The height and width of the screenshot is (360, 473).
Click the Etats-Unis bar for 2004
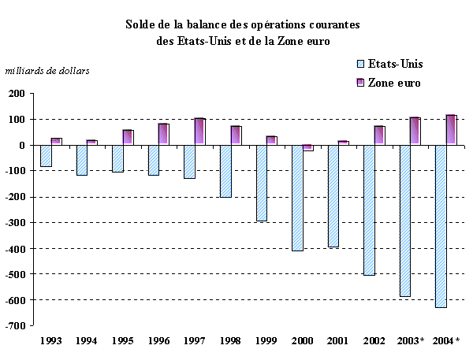pos(440,226)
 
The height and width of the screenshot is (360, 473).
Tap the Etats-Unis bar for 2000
pos(296,198)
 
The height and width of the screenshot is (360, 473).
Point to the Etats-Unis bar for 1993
pos(46,156)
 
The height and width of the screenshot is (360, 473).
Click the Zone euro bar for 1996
pos(163,134)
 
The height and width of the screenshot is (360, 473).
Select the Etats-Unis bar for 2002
pos(368,210)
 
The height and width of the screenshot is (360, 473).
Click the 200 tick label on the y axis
pos(17,94)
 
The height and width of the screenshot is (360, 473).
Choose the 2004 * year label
pos(445,340)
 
